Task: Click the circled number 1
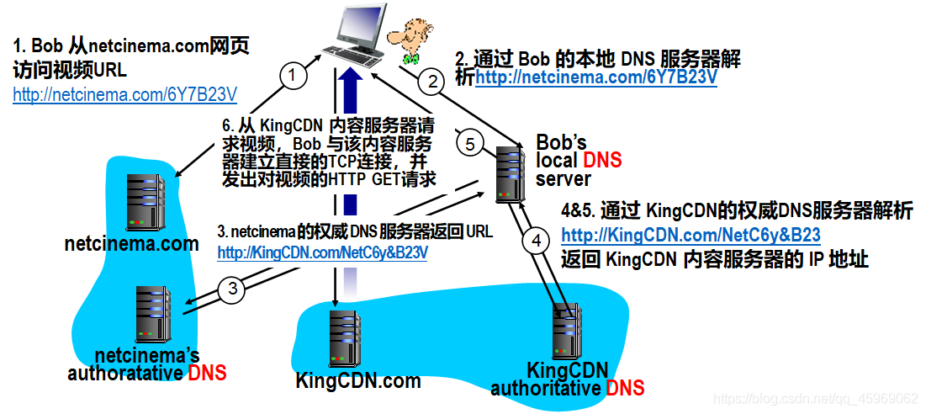click(x=292, y=76)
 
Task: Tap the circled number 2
click(x=431, y=82)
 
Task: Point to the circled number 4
click(x=535, y=241)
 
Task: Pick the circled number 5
click(x=470, y=143)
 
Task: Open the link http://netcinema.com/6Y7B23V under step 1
click(x=125, y=94)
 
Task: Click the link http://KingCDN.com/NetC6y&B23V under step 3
click(x=323, y=252)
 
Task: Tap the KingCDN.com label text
click(x=357, y=380)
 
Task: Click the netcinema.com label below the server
click(x=131, y=244)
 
